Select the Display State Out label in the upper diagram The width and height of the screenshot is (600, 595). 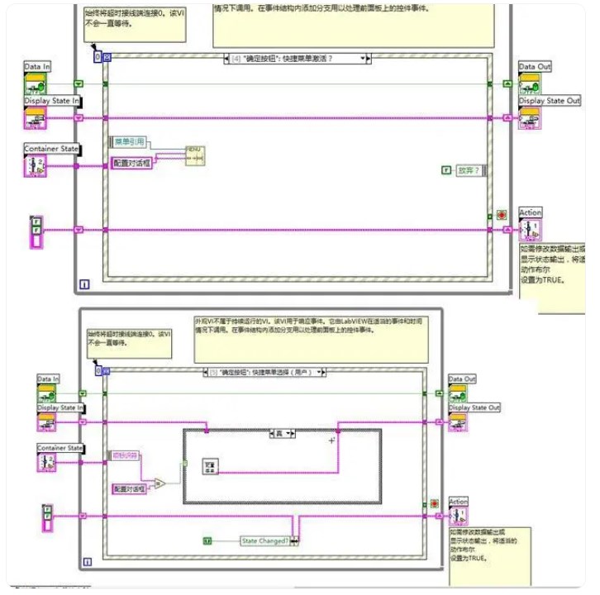[x=550, y=101]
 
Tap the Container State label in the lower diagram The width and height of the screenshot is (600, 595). [x=60, y=448]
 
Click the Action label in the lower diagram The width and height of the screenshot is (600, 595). [x=458, y=502]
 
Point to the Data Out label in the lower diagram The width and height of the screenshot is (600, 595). [x=462, y=379]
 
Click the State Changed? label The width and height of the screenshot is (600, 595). [x=264, y=540]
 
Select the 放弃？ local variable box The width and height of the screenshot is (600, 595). [x=466, y=170]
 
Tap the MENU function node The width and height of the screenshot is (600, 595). [x=195, y=155]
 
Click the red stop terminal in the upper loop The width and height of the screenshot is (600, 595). [x=502, y=215]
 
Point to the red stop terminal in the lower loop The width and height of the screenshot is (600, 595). [x=434, y=502]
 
